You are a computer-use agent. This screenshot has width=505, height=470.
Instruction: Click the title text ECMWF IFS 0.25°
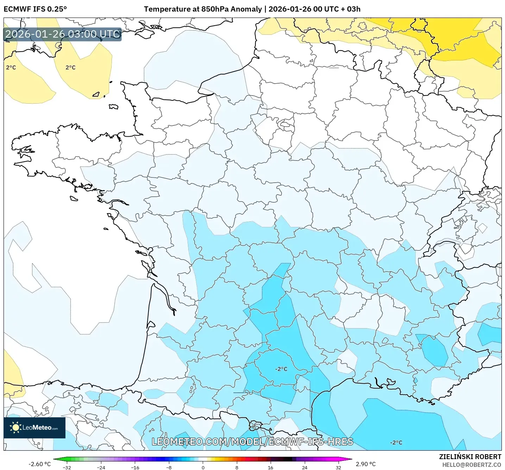pos(35,9)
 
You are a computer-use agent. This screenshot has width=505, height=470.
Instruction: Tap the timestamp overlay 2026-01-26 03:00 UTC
pos(63,34)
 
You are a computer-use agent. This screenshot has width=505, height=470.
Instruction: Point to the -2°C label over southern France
pos(281,369)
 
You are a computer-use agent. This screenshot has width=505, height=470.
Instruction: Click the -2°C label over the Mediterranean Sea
pos(396,443)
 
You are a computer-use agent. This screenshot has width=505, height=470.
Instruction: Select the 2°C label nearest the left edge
pos(11,67)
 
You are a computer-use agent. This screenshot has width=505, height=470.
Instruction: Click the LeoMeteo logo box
pos(34,427)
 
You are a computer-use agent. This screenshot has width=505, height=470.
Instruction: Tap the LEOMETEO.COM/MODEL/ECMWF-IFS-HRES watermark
pos(252,442)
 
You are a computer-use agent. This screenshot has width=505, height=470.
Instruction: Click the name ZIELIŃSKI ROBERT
pos(470,457)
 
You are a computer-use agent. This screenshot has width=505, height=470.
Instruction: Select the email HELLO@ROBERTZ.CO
pos(472,465)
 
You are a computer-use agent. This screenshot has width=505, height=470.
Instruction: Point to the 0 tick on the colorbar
pos(203,467)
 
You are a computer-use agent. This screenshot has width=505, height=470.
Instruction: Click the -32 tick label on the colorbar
pos(67,467)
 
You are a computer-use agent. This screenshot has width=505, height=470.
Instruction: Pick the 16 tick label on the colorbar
pos(270,467)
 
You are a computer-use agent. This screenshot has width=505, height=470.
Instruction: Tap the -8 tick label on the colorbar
pos(169,467)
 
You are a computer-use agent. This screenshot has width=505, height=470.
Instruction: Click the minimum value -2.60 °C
pos(39,464)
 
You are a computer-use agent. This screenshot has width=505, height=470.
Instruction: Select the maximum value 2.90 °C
pos(366,464)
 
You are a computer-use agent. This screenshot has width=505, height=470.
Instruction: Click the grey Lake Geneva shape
pos(446,242)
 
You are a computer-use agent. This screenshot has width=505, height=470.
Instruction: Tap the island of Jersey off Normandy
pos(113,107)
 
